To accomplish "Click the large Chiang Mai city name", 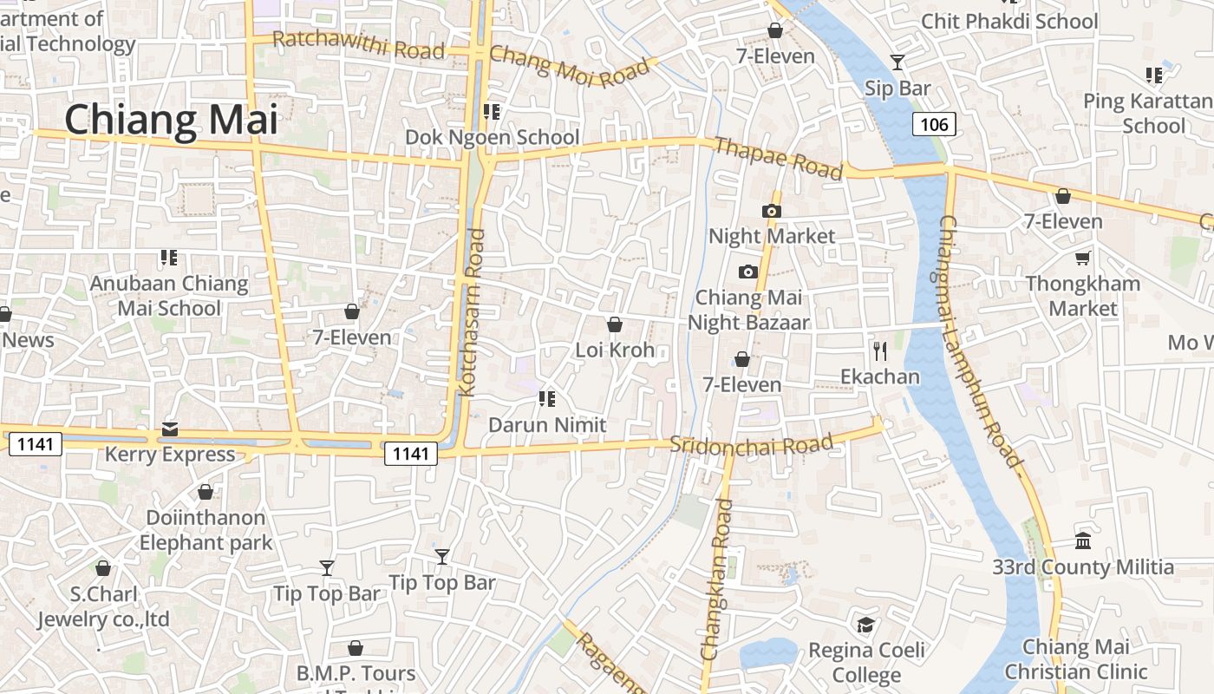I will point(172,120).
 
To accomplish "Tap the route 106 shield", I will point(934,124).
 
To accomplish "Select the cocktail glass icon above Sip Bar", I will point(897,62).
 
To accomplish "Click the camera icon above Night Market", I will point(771,211).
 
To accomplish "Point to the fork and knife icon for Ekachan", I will point(880,350).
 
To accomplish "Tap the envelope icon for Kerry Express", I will point(170,429).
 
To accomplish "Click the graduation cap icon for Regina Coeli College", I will point(865,625).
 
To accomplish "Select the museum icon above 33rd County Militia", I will point(1083,541).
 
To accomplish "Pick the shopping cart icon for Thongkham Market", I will point(1083,258).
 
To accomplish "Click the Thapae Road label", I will point(778,158).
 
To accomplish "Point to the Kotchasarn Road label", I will point(474,312).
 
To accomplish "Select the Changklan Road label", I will point(716,579).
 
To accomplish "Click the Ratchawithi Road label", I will point(358,44).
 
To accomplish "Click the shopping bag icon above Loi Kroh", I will point(615,324).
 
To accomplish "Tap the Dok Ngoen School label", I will point(493,137).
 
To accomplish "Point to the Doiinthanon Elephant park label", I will point(206,530).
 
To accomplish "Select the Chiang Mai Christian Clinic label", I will point(1075,659).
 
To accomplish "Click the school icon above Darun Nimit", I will point(546,399).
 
